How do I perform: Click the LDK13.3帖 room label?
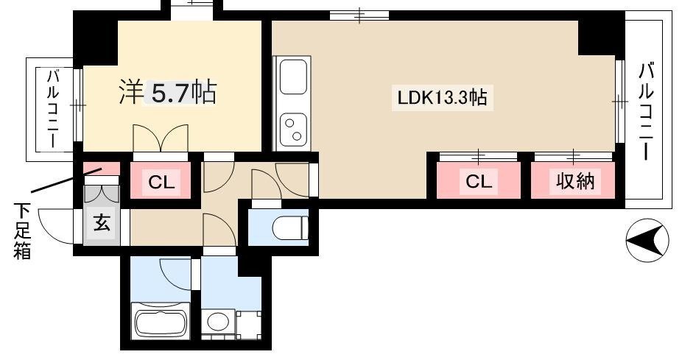441,98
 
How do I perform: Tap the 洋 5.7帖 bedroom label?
168,91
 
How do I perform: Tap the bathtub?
160,323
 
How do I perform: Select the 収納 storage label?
573,180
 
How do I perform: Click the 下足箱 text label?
21,229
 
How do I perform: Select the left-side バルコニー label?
54,108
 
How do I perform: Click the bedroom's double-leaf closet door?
160,138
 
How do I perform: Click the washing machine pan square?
249,325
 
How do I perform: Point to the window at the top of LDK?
359,14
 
